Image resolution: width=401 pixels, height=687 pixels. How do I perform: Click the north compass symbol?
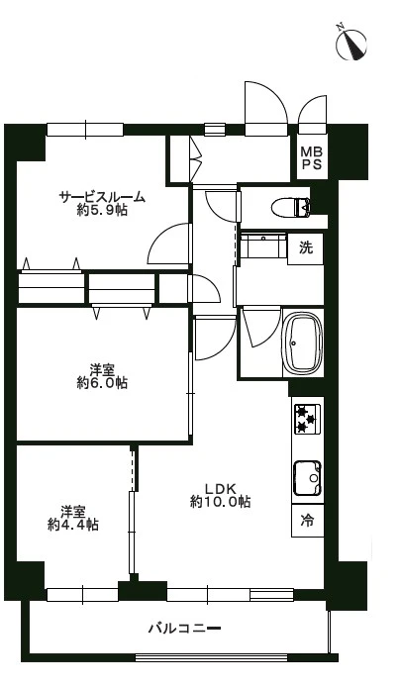point(353,45)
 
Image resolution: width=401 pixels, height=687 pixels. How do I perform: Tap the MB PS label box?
point(310,157)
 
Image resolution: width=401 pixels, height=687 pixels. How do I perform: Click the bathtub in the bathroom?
point(303,342)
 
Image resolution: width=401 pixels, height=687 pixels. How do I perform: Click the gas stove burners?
point(307,419)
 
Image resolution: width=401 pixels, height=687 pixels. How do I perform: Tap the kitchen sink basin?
point(307,476)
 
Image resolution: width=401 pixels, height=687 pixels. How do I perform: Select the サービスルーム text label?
point(102,197)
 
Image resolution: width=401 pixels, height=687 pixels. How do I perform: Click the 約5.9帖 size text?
point(102,211)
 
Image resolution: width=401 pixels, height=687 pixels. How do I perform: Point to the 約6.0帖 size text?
point(102,383)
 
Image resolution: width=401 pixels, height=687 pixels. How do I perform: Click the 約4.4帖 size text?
point(72,525)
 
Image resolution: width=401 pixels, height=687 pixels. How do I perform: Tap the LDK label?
point(219,487)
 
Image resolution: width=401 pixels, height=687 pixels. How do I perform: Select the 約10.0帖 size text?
point(220,502)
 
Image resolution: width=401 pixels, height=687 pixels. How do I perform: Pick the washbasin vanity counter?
point(261,245)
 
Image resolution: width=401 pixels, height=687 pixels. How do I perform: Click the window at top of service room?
point(84,129)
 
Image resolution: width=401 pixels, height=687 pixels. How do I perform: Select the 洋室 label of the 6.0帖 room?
point(102,369)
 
